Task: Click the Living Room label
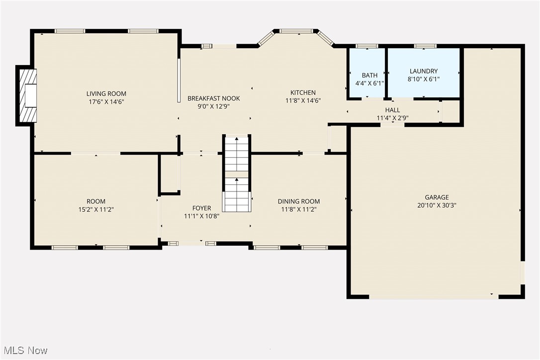click(106, 93)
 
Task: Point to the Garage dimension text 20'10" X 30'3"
click(437, 205)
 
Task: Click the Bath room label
click(369, 75)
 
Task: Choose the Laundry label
click(424, 71)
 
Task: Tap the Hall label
click(392, 110)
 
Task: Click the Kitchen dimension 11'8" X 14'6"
click(303, 100)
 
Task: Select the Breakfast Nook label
click(213, 98)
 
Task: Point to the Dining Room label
click(298, 201)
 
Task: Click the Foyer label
click(201, 208)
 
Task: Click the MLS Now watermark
click(24, 351)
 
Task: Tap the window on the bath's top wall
click(367, 46)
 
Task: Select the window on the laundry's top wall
click(425, 46)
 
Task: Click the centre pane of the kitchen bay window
click(295, 31)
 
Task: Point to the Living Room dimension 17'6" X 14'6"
click(106, 101)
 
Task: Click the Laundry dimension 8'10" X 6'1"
click(424, 79)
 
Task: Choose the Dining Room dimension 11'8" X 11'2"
click(298, 209)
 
